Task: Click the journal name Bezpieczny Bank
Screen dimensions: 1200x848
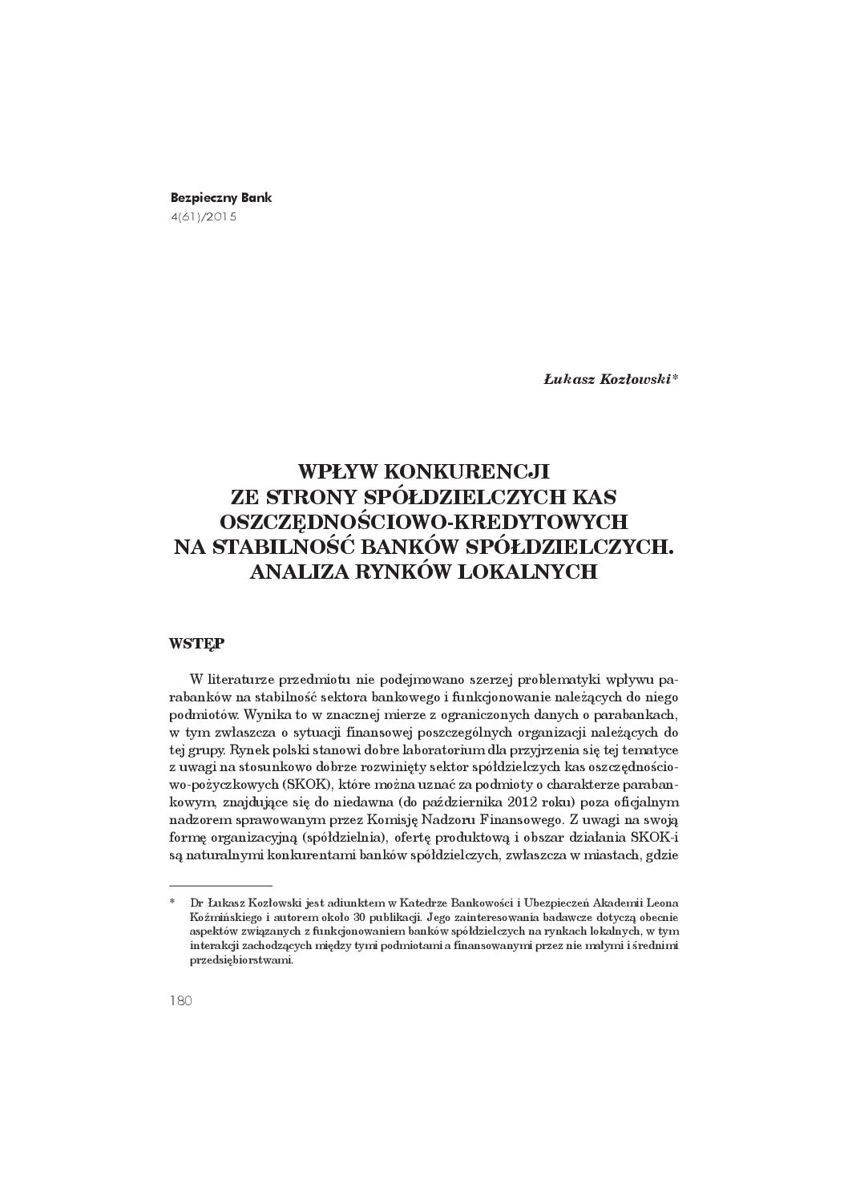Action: pyautogui.click(x=221, y=197)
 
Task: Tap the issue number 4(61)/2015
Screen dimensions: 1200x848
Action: pyautogui.click(x=204, y=216)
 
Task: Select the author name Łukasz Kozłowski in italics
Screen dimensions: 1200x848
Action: pyautogui.click(x=608, y=381)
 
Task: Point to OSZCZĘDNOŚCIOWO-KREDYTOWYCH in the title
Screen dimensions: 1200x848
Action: pyautogui.click(x=423, y=521)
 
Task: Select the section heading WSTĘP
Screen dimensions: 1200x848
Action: pyautogui.click(x=196, y=643)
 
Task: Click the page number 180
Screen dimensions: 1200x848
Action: pyautogui.click(x=181, y=1001)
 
